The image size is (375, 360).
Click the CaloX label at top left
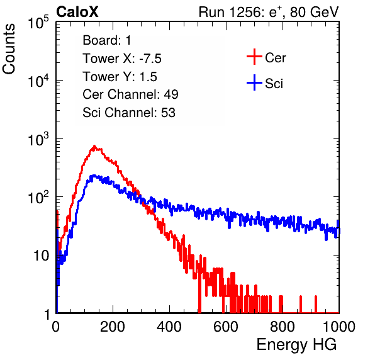[77, 12]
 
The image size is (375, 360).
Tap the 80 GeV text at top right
[314, 12]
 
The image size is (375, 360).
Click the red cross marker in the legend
[254, 57]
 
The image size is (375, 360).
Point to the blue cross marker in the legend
[254, 82]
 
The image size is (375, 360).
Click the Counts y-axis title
[9, 49]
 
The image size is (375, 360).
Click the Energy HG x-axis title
[296, 345]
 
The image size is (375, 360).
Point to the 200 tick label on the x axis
[113, 327]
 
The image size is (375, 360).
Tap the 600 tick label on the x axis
[226, 327]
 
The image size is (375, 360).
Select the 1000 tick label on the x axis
[339, 327]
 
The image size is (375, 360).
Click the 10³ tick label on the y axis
[38, 139]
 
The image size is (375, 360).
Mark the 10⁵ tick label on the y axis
[38, 23]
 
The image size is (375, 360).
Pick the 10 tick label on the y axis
[42, 256]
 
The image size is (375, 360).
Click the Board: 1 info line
[107, 40]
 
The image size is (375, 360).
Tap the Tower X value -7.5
[150, 59]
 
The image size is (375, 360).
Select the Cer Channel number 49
[171, 94]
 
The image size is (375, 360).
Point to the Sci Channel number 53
[168, 113]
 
